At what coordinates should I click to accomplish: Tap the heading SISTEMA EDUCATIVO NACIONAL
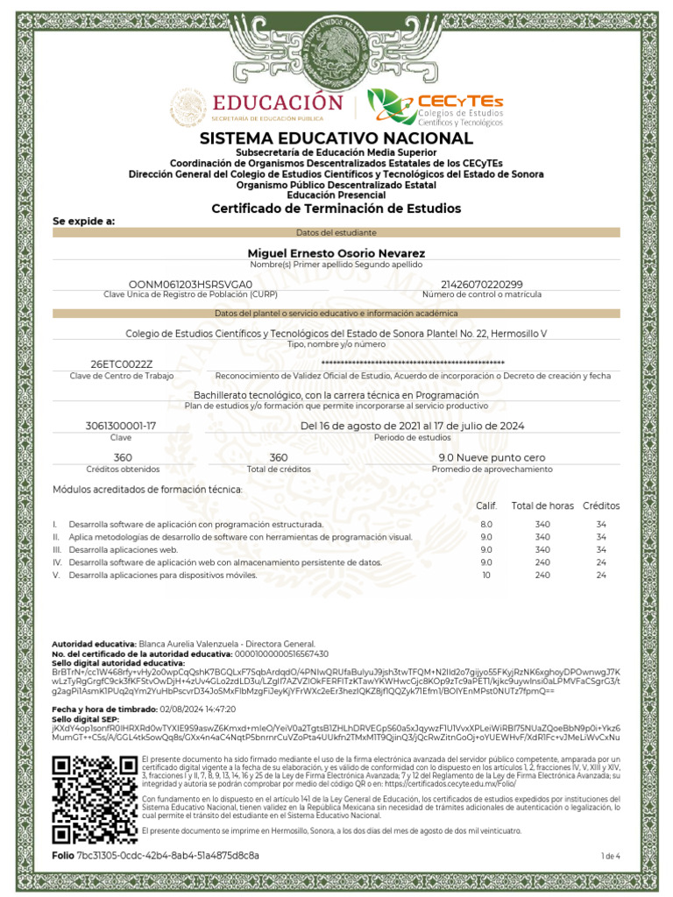[x=336, y=139]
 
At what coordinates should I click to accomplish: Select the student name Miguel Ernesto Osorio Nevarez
[x=336, y=252]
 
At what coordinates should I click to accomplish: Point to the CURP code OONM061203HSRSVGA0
[x=190, y=285]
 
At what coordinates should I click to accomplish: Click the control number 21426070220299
[x=482, y=285]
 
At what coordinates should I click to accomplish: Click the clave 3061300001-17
[x=121, y=425]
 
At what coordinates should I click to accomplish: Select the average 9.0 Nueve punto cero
[x=492, y=457]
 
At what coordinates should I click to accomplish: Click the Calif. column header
[x=486, y=505]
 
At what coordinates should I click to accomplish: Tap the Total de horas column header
[x=542, y=505]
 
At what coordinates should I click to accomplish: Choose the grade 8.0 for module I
[x=486, y=524]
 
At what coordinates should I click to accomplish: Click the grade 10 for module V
[x=486, y=576]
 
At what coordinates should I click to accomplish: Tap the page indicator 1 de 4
[x=610, y=855]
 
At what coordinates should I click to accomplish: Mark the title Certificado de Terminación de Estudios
[x=336, y=208]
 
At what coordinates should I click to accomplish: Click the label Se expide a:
[x=84, y=222]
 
